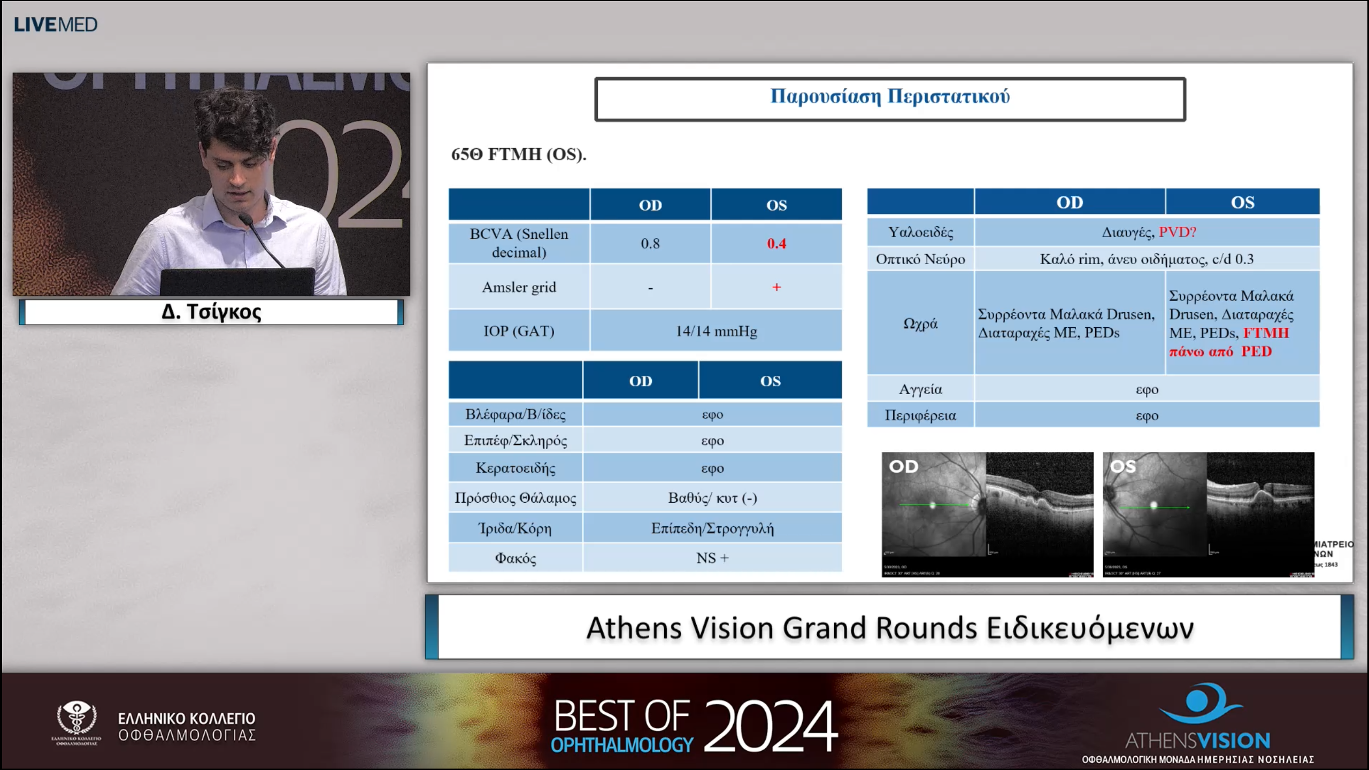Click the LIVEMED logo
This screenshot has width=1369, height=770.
[x=56, y=25]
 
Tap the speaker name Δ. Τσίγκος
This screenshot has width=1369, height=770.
[x=211, y=312]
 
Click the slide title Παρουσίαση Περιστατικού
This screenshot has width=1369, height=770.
[x=890, y=96]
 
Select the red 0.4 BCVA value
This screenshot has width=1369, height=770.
[x=776, y=244]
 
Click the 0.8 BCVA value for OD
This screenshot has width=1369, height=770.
[x=650, y=244]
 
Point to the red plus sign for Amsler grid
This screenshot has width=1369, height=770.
[x=776, y=287]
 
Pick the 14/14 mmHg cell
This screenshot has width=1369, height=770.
[x=716, y=331]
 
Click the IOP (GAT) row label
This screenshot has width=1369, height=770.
[x=519, y=331]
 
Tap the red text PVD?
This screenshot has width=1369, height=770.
[x=1177, y=232]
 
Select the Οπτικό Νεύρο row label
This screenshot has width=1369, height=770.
[x=920, y=259]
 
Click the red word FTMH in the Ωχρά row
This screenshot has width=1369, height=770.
[x=1266, y=333]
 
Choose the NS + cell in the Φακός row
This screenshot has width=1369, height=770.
[x=712, y=558]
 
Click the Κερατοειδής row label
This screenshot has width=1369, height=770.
[x=516, y=468]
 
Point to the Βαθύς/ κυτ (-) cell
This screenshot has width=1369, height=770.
[x=712, y=498]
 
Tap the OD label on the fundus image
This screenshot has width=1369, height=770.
[x=903, y=466]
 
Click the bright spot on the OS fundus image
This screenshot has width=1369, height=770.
[x=1153, y=505]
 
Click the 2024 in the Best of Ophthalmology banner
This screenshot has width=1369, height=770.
[x=770, y=726]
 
